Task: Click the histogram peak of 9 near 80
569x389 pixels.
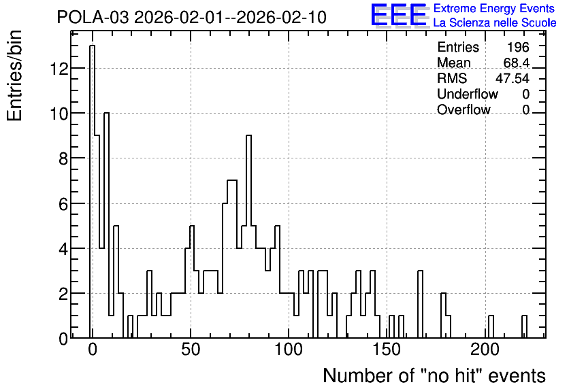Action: (248, 237)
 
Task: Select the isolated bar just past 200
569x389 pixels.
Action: (491, 326)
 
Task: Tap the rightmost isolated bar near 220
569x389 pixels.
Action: (524, 326)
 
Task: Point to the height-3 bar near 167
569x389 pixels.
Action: (420, 304)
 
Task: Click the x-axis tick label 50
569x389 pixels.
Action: (191, 350)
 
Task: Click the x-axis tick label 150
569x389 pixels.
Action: (387, 350)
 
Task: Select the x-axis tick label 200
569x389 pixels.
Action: (485, 350)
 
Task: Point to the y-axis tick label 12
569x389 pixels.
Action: (59, 69)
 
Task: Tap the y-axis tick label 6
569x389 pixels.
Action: (63, 204)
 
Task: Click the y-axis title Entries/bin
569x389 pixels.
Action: (15, 75)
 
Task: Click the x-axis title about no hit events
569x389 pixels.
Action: (434, 375)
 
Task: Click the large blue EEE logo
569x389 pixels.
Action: (399, 15)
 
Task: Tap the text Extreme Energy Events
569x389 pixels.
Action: (494, 8)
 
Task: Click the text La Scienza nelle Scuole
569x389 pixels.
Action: (495, 22)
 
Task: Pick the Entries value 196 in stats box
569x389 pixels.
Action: (518, 47)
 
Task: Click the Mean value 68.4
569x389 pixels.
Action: (517, 63)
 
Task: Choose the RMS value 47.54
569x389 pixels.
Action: (513, 78)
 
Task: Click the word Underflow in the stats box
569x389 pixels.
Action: (468, 94)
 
